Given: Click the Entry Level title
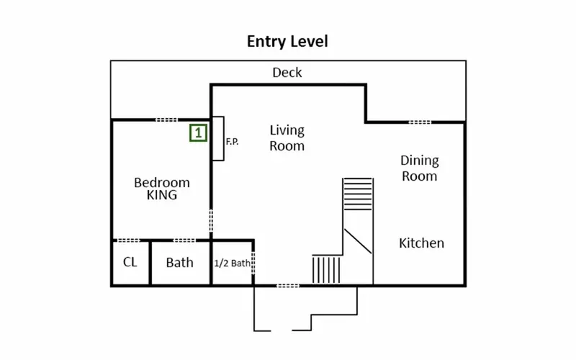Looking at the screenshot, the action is pyautogui.click(x=287, y=42).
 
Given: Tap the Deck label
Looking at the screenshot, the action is pyautogui.click(x=287, y=73).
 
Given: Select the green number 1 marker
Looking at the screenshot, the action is pyautogui.click(x=199, y=132).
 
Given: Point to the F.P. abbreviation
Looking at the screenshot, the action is pyautogui.click(x=232, y=141).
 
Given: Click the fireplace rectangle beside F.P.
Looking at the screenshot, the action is pyautogui.click(x=218, y=138).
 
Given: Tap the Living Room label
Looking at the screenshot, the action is pyautogui.click(x=287, y=138).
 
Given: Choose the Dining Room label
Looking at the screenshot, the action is pyautogui.click(x=420, y=168).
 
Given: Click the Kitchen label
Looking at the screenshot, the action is pyautogui.click(x=421, y=243).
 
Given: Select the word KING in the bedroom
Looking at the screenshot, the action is pyautogui.click(x=161, y=195).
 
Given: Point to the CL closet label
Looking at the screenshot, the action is pyautogui.click(x=130, y=262).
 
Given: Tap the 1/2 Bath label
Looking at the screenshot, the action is pyautogui.click(x=232, y=264).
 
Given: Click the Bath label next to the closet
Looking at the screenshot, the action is pyautogui.click(x=179, y=263).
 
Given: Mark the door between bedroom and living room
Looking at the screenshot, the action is pyautogui.click(x=211, y=221).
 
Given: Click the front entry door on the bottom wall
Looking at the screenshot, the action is pyautogui.click(x=288, y=285).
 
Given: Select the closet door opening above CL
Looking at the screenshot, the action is pyautogui.click(x=128, y=240).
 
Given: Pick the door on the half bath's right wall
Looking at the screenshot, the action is pyautogui.click(x=253, y=263).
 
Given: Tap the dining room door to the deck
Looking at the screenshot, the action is pyautogui.click(x=420, y=122).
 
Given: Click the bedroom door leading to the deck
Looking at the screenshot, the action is pyautogui.click(x=166, y=120).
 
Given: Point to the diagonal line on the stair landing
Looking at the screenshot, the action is pyautogui.click(x=358, y=241).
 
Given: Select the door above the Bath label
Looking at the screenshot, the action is pyautogui.click(x=184, y=240).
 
